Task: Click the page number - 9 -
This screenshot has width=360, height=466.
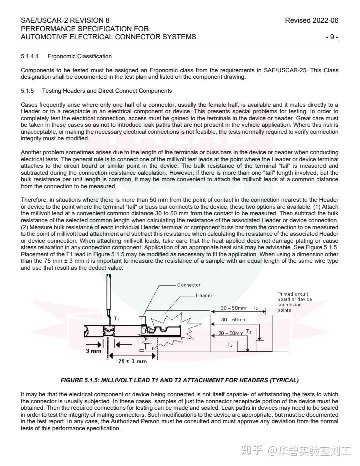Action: (332, 37)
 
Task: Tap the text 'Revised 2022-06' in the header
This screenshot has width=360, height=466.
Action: (311, 20)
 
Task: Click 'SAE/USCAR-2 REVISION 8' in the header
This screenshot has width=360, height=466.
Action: (65, 20)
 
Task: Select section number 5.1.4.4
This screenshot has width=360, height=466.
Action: (31, 56)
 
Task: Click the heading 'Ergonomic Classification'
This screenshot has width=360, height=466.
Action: (80, 56)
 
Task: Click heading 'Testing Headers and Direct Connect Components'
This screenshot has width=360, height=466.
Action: (107, 91)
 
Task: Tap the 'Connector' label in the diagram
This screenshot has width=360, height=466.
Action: (189, 285)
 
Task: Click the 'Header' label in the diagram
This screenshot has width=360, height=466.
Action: (204, 295)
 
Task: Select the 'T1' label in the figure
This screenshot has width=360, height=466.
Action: (117, 318)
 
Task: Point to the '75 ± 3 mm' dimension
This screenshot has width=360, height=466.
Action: (132, 361)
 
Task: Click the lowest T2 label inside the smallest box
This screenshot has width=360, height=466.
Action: (230, 345)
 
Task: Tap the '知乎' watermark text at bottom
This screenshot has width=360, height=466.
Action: (251, 451)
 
